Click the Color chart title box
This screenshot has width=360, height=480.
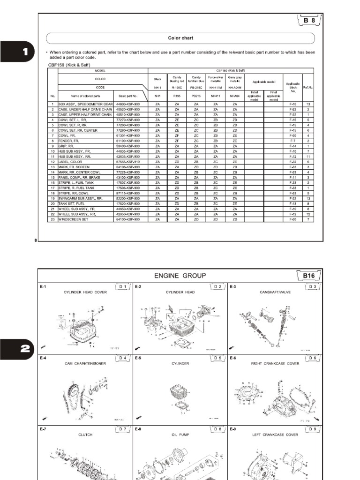180,38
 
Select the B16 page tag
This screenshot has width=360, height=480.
308,276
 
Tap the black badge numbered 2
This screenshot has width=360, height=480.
17,348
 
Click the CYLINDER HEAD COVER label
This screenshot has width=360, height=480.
85,292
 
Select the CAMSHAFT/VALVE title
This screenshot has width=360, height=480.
273,292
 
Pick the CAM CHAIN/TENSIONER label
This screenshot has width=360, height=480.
85,363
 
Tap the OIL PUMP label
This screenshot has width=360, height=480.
180,435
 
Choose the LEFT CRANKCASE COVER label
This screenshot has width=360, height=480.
275,435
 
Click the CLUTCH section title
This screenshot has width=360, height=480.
85,435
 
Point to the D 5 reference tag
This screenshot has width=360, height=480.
217,358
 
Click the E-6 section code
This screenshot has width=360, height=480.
233,358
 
